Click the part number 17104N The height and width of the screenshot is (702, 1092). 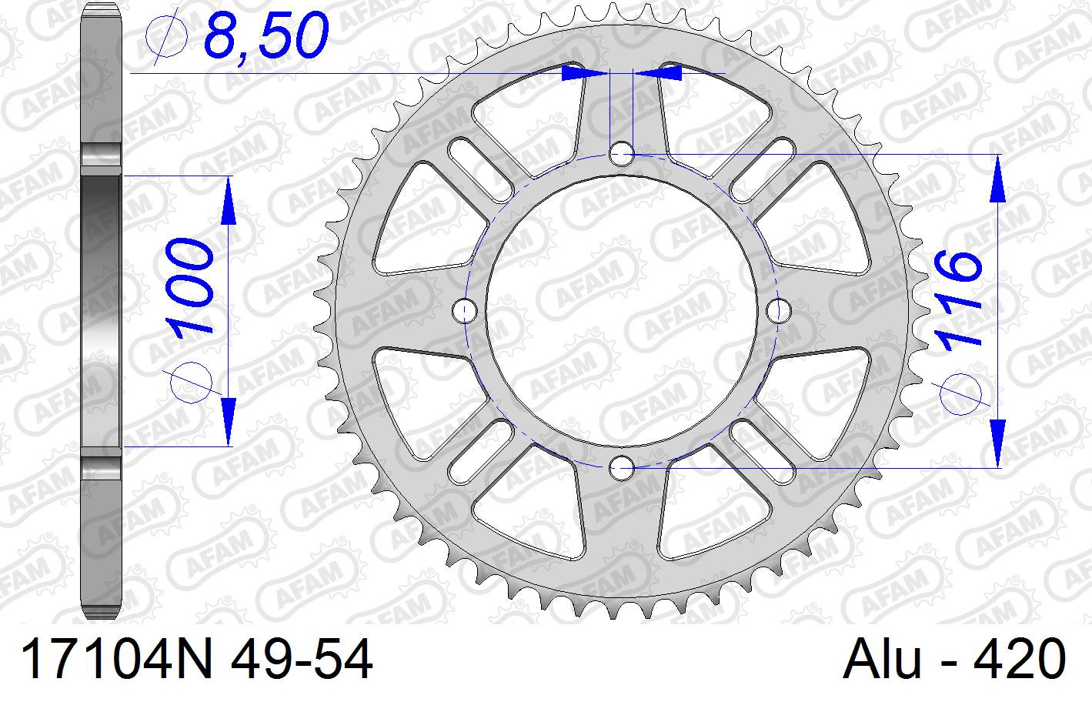(x=117, y=659)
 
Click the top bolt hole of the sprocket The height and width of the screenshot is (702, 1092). (x=621, y=155)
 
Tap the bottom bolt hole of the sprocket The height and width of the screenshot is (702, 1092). (x=621, y=469)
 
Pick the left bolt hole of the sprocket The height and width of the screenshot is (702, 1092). (x=465, y=310)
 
